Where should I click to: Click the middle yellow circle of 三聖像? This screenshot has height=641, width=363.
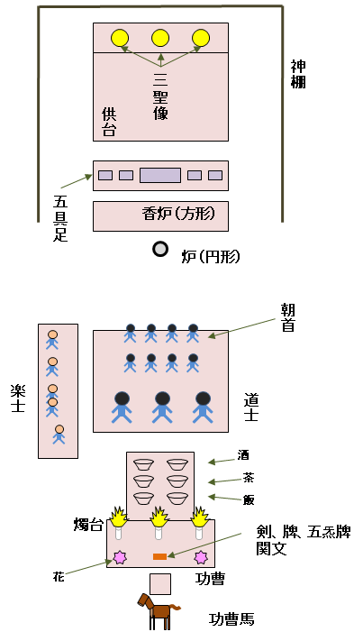pyautogui.click(x=160, y=38)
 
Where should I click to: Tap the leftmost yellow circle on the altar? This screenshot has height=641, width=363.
pyautogui.click(x=120, y=38)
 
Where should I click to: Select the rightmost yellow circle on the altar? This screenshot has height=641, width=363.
pyautogui.click(x=201, y=38)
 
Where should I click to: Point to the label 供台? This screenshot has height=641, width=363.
pyautogui.click(x=109, y=122)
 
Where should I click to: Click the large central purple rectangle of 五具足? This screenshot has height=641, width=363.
pyautogui.click(x=160, y=175)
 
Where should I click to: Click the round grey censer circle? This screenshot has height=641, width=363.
pyautogui.click(x=160, y=249)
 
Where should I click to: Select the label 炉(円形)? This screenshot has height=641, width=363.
pyautogui.click(x=211, y=256)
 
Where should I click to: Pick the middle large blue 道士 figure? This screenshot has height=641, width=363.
pyautogui.click(x=162, y=406)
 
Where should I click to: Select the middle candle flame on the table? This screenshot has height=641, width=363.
pyautogui.click(x=159, y=517)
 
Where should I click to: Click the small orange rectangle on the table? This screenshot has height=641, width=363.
pyautogui.click(x=159, y=556)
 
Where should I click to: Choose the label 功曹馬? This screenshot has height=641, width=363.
pyautogui.click(x=231, y=619)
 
